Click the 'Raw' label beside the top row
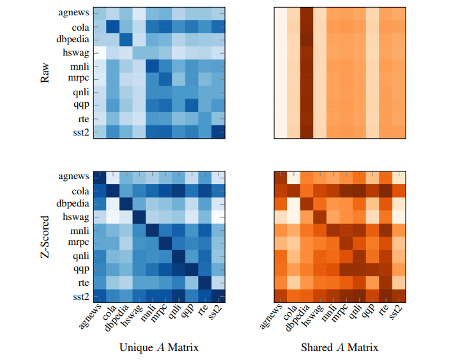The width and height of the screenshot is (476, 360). click(x=45, y=73)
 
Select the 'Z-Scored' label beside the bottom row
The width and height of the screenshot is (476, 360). click(x=45, y=237)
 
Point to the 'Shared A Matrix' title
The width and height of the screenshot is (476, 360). click(x=339, y=348)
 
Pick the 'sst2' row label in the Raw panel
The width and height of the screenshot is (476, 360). click(x=79, y=132)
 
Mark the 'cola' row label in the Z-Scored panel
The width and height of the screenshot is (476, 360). click(x=79, y=191)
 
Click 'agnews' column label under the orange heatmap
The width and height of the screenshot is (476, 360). click(x=271, y=318)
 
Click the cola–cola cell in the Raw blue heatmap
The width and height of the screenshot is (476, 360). click(x=112, y=26)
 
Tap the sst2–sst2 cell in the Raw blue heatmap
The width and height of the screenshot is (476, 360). click(x=219, y=132)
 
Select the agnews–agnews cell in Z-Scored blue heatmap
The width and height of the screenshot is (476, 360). click(x=99, y=178)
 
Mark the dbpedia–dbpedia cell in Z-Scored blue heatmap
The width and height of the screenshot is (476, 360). click(x=126, y=205)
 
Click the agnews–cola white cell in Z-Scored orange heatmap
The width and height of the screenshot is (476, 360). click(x=294, y=178)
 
